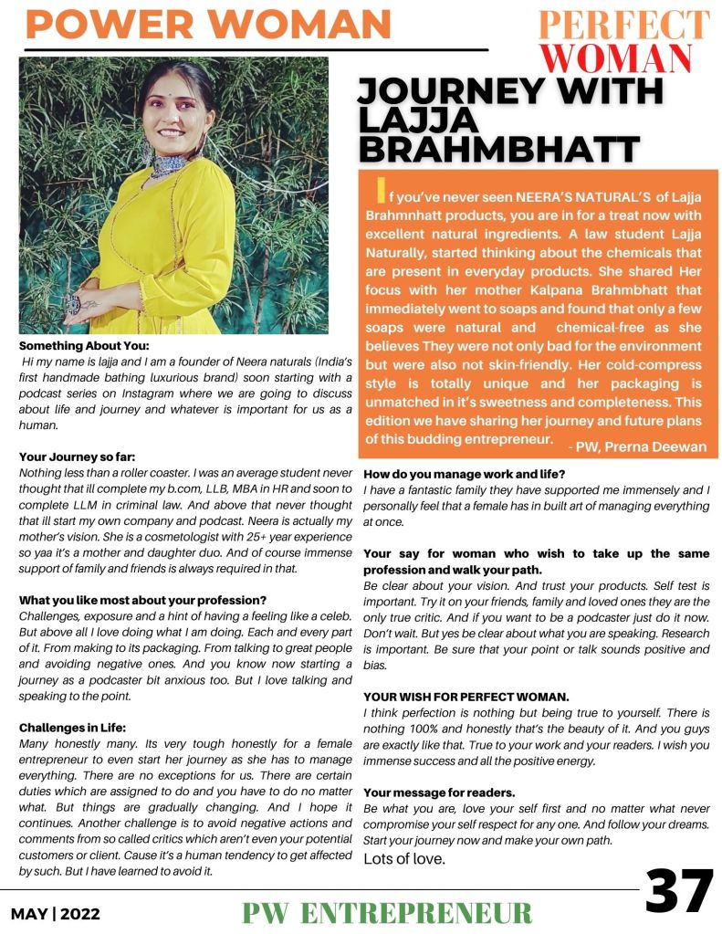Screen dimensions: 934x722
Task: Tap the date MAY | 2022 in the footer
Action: [x=56, y=913]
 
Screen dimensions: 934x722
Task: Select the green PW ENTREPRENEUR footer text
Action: [x=387, y=912]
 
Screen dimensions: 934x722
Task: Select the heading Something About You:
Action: [x=83, y=346]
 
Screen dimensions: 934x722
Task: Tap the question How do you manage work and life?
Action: [x=465, y=474]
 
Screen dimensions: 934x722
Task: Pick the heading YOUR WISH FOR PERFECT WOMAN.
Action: [x=466, y=697]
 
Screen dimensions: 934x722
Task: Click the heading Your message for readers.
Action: [x=439, y=792]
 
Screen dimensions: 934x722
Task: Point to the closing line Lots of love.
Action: [x=404, y=858]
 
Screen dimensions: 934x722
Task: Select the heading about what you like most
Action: [x=142, y=600]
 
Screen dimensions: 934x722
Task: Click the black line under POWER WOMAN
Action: [x=256, y=47]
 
